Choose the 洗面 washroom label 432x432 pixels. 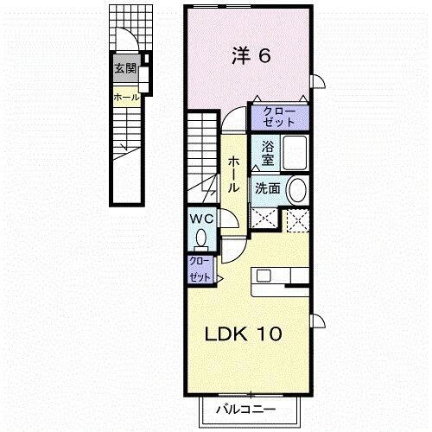[x=266, y=188]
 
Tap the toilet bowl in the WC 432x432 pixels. [x=202, y=237]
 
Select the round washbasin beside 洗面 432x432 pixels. [x=295, y=189]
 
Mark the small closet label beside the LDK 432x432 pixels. [x=199, y=269]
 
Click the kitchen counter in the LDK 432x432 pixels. [x=281, y=277]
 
